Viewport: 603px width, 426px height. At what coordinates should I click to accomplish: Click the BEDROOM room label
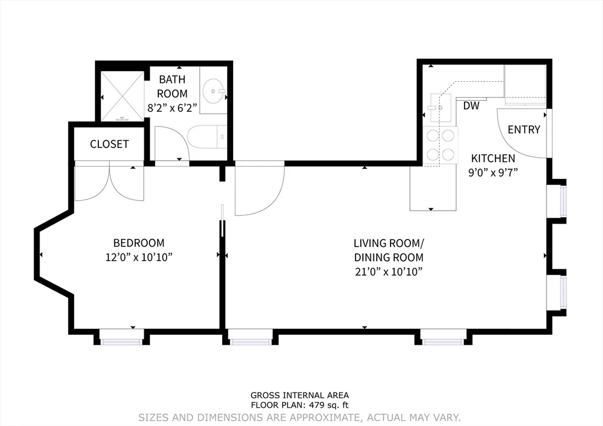click(x=138, y=242)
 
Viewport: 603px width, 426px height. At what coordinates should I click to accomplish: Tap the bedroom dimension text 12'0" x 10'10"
click(x=138, y=257)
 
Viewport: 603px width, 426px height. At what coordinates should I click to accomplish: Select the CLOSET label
click(x=109, y=144)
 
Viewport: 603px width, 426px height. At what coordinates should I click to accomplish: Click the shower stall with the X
click(x=122, y=96)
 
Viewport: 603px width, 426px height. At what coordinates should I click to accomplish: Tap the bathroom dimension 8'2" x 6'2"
click(x=172, y=108)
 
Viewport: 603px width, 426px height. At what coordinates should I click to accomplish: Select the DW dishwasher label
click(x=471, y=106)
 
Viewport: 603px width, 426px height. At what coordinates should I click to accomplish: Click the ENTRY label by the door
click(x=524, y=129)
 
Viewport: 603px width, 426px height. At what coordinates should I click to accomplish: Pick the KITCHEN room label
click(x=493, y=158)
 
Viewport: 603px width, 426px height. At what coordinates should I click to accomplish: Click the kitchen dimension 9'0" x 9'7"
click(x=493, y=173)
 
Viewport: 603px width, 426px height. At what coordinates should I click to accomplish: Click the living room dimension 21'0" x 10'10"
click(x=388, y=271)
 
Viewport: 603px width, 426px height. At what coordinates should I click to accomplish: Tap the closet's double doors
click(x=110, y=182)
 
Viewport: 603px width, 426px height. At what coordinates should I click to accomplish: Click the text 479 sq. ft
click(x=330, y=405)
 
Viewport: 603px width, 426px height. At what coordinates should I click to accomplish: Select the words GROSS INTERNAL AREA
click(x=300, y=395)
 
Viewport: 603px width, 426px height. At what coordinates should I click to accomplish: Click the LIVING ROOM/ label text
click(x=388, y=242)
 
